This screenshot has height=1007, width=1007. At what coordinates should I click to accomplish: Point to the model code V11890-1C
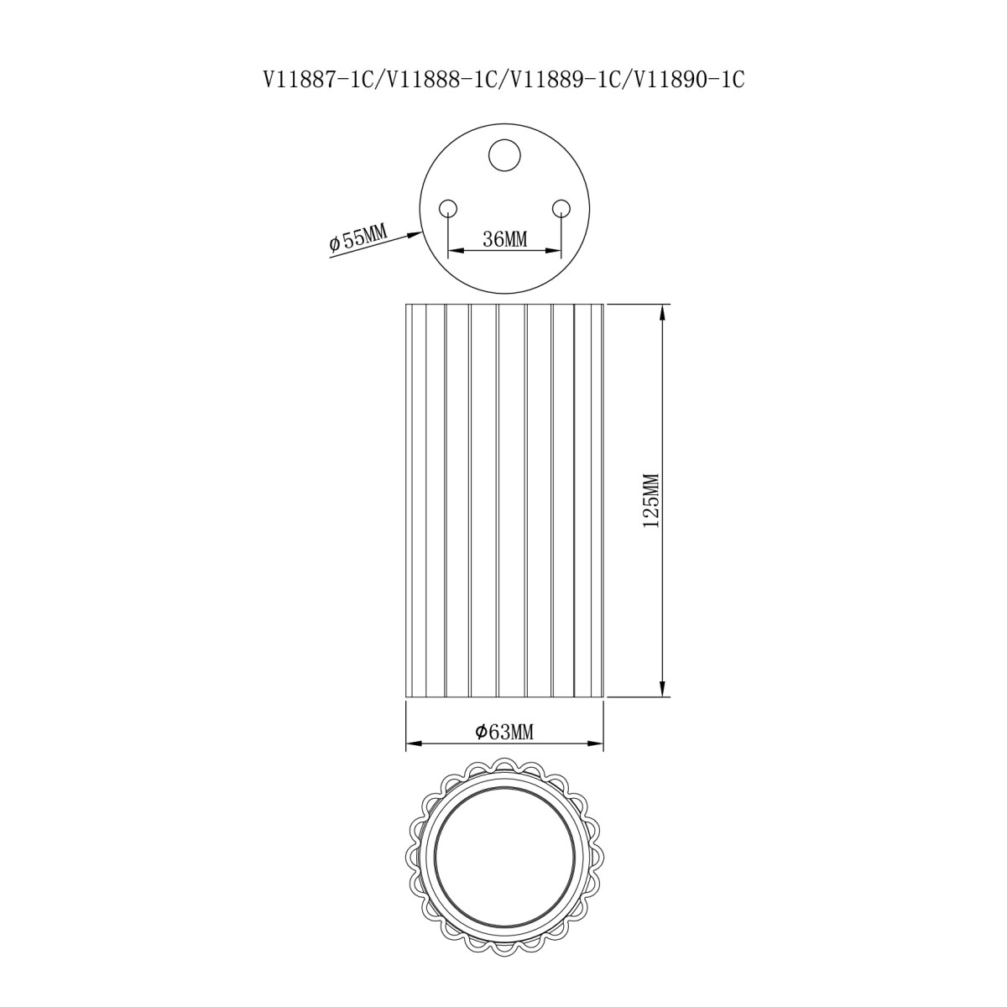tap(688, 81)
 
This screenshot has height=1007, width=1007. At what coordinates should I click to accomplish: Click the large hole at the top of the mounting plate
tap(505, 154)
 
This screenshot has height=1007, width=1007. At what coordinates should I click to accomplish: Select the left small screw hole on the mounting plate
tap(448, 208)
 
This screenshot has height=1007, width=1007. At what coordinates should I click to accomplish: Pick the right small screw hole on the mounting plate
tap(561, 208)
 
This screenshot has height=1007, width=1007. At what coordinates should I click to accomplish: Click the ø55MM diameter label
tap(358, 240)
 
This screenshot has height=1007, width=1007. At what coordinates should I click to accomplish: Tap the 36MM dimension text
tap(505, 240)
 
